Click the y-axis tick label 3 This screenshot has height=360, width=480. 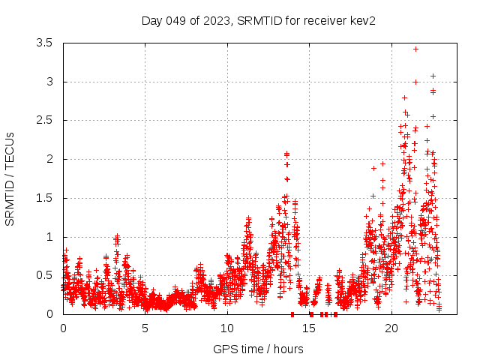pos(49,82)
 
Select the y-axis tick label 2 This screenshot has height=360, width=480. pos(49,160)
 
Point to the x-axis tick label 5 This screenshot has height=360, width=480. pos(145,328)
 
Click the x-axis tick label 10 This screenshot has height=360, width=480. pos(227,328)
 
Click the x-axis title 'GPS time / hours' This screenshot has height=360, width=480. pos(258,349)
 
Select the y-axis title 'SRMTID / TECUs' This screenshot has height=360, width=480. pos(10,179)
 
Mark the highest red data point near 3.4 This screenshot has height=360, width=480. pos(415,49)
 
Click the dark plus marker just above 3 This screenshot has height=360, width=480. pos(433,76)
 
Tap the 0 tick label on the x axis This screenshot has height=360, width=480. pos(63,328)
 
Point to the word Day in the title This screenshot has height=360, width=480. pos(152,21)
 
